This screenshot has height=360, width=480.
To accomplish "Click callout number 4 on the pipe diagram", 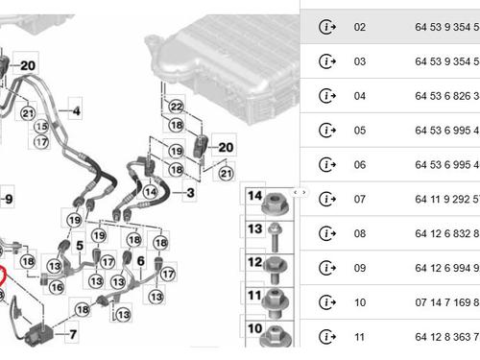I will click(76, 112).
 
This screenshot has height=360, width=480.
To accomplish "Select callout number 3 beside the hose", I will click(190, 194).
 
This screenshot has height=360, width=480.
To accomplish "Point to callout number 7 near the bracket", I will click(72, 335).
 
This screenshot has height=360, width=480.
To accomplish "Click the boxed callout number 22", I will click(175, 106).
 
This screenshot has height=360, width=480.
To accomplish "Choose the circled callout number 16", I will click(57, 287).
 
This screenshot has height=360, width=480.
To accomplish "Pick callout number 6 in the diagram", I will click(140, 260).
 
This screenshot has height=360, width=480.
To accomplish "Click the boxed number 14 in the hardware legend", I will click(255, 196).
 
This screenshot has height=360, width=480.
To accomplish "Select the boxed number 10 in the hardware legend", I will click(255, 328).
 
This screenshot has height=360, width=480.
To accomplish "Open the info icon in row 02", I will click(327, 27).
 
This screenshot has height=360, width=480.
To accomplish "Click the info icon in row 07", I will click(327, 200).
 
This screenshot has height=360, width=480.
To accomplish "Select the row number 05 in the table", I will click(360, 131).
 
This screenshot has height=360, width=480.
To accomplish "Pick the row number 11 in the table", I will click(360, 337).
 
